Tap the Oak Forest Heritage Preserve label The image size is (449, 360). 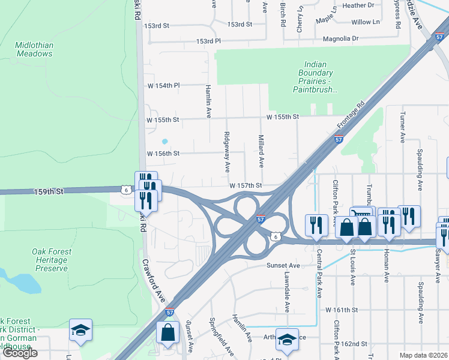coord(51,260)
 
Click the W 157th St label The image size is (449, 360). coord(245,186)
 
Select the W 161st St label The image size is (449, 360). coord(341,310)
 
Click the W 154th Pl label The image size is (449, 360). coord(163,86)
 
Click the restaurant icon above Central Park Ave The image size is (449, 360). coord(316,224)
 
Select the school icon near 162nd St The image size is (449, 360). coord(287,338)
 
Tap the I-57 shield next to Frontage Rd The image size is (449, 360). coord(339,139)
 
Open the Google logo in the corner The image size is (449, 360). coord(20,353)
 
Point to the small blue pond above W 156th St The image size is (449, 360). coord(164,142)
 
